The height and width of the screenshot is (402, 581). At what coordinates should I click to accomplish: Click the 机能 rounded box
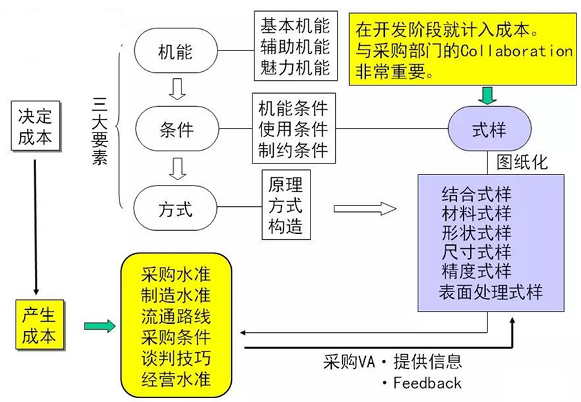tap(176, 52)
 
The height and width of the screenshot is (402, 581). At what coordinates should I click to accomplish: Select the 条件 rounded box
tap(176, 130)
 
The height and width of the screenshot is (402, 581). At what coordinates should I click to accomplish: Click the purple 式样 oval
tap(489, 130)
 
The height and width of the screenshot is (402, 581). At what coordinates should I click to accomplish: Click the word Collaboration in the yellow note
tap(516, 50)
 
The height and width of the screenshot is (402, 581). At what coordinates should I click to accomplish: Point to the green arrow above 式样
tap(489, 95)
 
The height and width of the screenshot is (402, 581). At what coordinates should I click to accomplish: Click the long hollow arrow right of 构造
tap(365, 208)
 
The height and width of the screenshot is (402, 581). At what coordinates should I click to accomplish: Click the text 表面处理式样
tap(492, 291)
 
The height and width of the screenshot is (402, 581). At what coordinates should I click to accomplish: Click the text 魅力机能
tap(295, 67)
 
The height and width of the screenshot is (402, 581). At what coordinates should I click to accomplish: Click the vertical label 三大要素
tap(99, 130)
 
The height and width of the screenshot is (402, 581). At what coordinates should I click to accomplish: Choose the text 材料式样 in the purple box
tap(476, 213)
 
